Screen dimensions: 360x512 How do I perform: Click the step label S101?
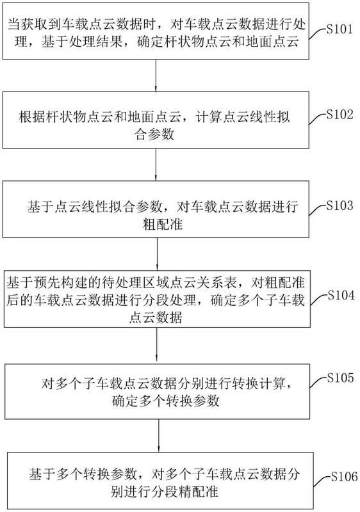coord(340,29)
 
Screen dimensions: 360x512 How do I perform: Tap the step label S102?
coord(340,115)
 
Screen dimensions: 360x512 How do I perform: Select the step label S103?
coord(340,205)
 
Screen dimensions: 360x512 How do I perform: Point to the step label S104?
coord(341,295)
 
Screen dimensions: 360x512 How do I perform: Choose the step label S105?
coord(341,378)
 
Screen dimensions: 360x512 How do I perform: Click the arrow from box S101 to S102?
coord(156,76)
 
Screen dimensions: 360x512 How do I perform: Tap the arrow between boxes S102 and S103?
coord(156,164)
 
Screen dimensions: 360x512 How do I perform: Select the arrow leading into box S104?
coord(157,253)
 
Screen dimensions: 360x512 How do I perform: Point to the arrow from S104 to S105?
coord(157,346)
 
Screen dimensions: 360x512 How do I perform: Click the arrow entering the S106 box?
coord(159,436)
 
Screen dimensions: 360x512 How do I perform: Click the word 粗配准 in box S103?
coord(162,225)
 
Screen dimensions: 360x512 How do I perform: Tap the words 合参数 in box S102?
coord(154,134)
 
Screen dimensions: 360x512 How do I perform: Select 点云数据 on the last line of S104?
coord(156,317)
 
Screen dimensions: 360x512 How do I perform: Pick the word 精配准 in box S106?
coord(198,491)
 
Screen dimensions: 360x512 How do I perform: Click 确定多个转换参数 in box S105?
coord(165,401)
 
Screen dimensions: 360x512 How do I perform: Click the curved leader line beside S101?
coord(318,34)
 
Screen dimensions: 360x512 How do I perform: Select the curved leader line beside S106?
coord(322,481)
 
